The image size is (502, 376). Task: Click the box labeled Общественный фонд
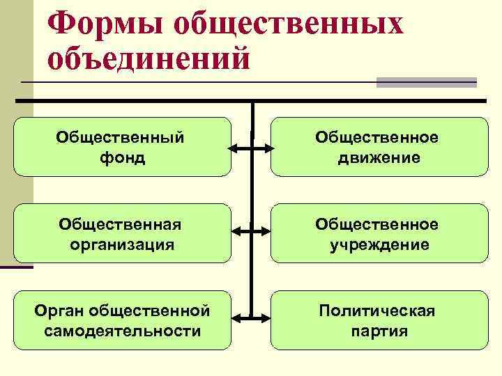(x=122, y=147)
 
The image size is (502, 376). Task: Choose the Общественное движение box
(x=379, y=147)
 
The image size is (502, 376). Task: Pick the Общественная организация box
(x=122, y=233)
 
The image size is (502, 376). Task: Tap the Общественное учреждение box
(x=379, y=233)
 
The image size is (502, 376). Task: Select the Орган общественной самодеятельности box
(x=122, y=320)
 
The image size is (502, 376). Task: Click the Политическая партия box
(x=379, y=320)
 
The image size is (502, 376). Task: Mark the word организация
(x=122, y=244)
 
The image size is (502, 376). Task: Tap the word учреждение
(x=379, y=244)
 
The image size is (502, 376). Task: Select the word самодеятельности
(x=122, y=331)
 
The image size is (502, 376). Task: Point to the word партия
(x=379, y=331)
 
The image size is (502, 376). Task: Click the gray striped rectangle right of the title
(x=426, y=82)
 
